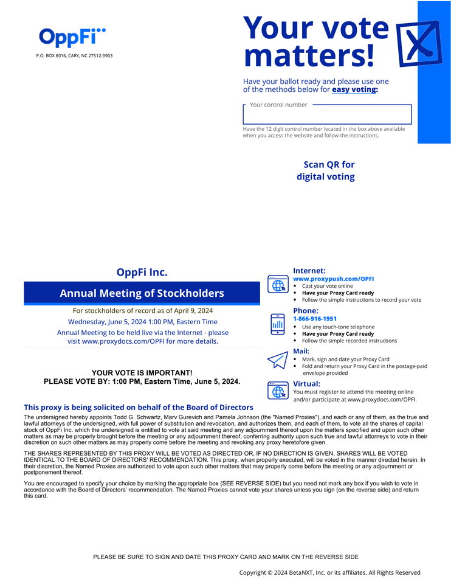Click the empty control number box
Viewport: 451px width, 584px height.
coord(327,115)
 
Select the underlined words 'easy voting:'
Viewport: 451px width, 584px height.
coord(355,89)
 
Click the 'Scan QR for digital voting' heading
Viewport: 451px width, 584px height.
coord(326,171)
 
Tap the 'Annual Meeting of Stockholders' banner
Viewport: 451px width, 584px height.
coord(142,293)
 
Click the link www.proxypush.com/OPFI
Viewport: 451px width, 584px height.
coord(333,279)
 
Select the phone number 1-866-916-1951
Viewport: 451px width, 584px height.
coord(315,319)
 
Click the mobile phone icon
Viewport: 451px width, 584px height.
coord(278,324)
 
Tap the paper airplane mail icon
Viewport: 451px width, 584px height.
coord(277,360)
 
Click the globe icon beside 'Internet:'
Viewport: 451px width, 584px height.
coord(278,284)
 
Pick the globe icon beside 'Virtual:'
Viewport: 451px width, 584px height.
coord(278,391)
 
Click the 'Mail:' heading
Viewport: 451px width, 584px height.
coord(301,351)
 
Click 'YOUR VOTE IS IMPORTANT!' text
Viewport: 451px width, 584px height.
coord(142,372)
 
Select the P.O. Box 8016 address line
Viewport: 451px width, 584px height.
coord(74,56)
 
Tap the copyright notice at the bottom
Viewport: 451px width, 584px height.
coord(329,572)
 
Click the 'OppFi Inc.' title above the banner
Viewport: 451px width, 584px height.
coord(142,273)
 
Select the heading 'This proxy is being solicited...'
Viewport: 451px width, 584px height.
coord(139,407)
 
